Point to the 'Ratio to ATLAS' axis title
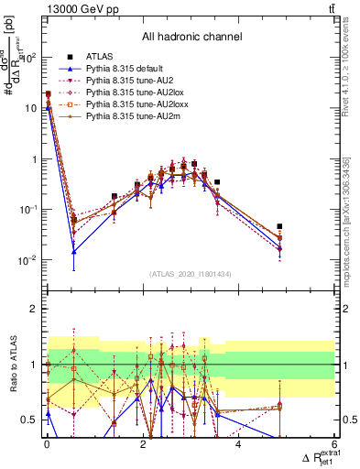point(11,365)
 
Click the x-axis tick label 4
point(238,444)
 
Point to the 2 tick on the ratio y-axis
point(35,310)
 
